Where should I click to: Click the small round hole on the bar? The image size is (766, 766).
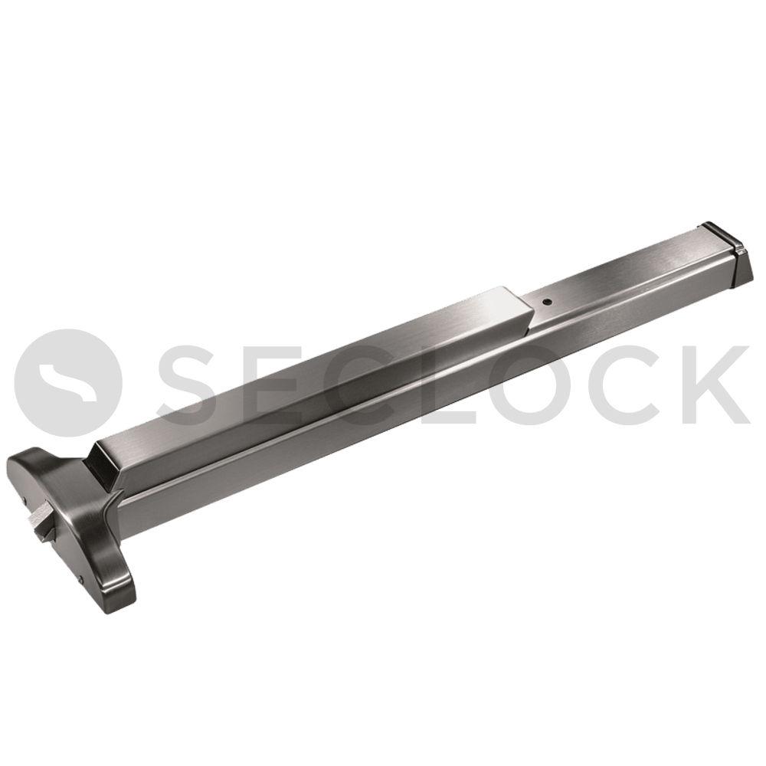pyautogui.click(x=547, y=303)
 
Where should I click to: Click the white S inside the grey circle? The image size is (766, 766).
pyautogui.click(x=68, y=382)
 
